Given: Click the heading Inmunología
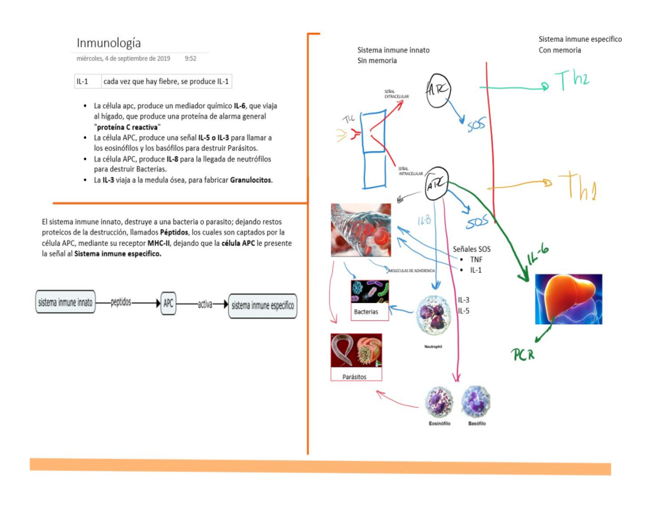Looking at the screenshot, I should tap(109, 43).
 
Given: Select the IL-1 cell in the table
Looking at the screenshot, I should tap(83, 82).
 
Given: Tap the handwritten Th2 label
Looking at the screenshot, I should tap(573, 80).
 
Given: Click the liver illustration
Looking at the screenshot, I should tap(568, 299).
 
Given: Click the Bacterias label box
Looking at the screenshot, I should tap(370, 312).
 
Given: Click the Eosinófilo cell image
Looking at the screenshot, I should tap(439, 402).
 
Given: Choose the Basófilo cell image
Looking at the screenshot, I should tap(476, 402).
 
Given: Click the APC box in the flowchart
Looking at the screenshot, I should tap(169, 303).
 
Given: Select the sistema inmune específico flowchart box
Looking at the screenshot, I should tap(263, 304).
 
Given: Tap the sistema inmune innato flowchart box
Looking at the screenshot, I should tap(65, 302).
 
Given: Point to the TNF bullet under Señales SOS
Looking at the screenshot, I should tap(476, 260).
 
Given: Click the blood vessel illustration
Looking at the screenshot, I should tap(361, 230).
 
